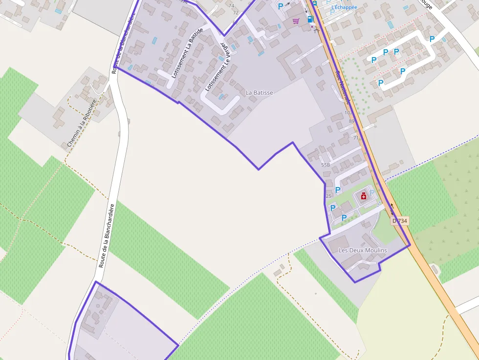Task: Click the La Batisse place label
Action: pos(259,92)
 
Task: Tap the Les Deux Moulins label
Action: pos(362,251)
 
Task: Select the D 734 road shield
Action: pos(399,221)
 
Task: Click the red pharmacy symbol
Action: pos(363,196)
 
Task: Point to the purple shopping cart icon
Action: pos(296,21)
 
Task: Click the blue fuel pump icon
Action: pos(310,19)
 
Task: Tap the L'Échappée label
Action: pos(344,7)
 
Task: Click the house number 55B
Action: pos(326,165)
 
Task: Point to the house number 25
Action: pos(328,196)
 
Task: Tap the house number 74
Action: pos(231,6)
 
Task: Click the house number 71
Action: pos(356,138)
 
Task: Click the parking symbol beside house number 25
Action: pos(338,190)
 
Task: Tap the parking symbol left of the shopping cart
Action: pos(281,6)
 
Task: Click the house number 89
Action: pos(351,121)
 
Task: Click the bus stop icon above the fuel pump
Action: pos(314,3)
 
